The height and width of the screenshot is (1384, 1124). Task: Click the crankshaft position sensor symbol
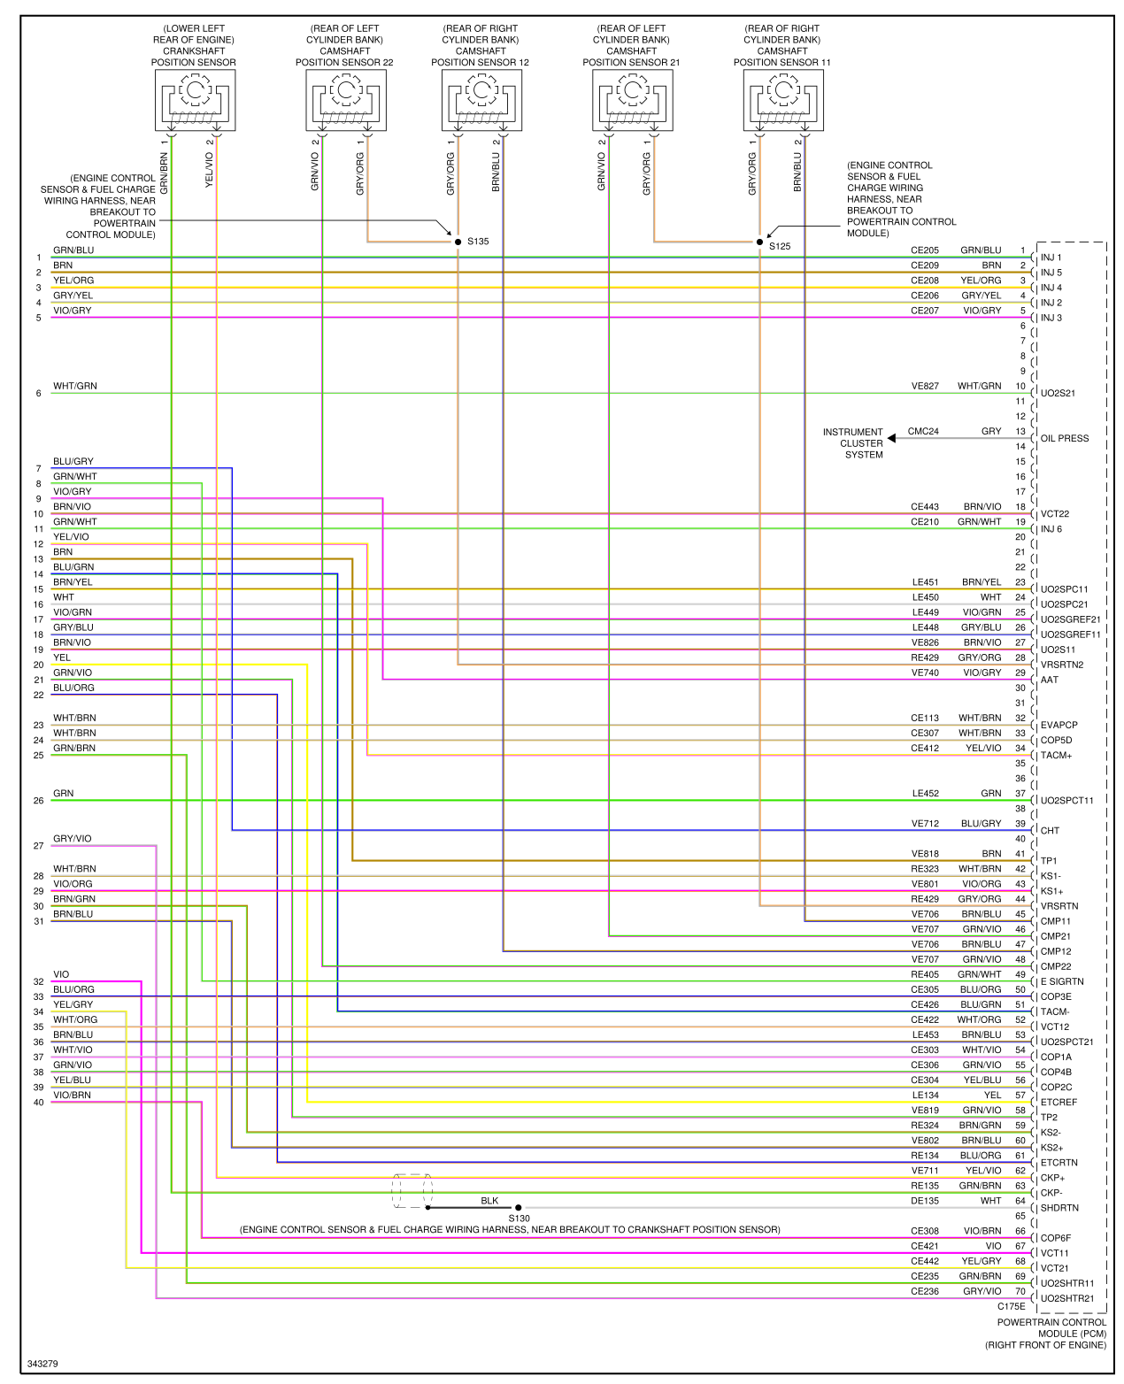tap(194, 100)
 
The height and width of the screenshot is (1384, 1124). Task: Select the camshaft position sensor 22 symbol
tap(345, 100)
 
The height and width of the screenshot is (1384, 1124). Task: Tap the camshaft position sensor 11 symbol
tap(783, 100)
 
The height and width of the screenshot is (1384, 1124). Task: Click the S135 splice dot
tap(458, 242)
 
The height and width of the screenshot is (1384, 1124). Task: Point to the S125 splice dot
tap(759, 242)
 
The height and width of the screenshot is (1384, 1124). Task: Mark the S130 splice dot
tap(519, 1207)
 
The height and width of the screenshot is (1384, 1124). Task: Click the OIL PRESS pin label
tap(1065, 438)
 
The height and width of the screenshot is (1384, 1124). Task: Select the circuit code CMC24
tap(923, 432)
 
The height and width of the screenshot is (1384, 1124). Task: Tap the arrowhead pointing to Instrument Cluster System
tap(892, 438)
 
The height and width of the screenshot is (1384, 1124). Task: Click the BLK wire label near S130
tap(489, 1201)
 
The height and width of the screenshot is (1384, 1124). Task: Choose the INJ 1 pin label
tap(1051, 258)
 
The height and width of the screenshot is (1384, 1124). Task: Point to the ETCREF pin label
tap(1059, 1103)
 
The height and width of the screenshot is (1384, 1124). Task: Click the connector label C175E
tap(1012, 1306)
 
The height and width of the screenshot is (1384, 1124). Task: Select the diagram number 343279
tap(42, 1364)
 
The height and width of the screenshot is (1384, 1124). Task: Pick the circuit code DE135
tap(925, 1201)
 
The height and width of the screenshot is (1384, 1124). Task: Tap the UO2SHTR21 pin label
tap(1067, 1298)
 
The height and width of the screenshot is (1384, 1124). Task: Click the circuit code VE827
tap(925, 386)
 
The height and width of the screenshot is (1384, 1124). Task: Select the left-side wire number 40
tap(39, 1103)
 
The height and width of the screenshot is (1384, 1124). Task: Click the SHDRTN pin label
tap(1059, 1208)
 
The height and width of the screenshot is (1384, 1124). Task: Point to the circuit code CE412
tap(925, 749)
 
